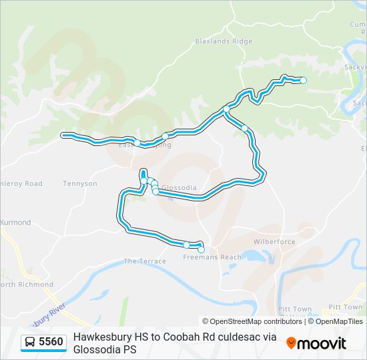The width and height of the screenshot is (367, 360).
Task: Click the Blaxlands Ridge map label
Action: click(x=224, y=41)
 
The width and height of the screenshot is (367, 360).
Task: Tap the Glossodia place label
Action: click(x=179, y=188)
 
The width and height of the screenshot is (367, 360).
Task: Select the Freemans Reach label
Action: click(x=212, y=257)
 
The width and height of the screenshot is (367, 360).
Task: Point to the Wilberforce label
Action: click(x=274, y=242)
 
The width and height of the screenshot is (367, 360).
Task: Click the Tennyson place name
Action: click(x=80, y=183)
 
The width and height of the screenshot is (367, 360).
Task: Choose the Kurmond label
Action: click(x=15, y=222)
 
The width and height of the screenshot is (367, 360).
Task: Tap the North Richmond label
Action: click(x=27, y=285)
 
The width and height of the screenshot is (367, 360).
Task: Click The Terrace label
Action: click(x=145, y=261)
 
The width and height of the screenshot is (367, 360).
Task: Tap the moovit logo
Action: click(x=316, y=343)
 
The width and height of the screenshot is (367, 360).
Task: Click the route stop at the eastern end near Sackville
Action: click(x=303, y=80)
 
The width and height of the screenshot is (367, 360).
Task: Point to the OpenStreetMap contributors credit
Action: click(x=252, y=321)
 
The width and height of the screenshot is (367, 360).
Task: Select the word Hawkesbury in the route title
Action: click(x=101, y=337)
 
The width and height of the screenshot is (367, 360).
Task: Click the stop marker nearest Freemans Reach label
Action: click(x=201, y=249)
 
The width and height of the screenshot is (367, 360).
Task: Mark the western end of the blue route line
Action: click(x=64, y=135)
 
